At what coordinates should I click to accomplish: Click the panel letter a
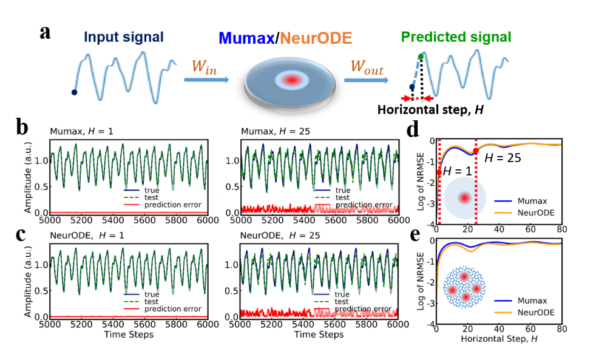point(45,32)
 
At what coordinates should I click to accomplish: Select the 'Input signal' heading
point(124,37)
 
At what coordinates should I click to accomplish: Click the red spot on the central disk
point(291,80)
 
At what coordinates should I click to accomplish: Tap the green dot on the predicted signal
point(421,56)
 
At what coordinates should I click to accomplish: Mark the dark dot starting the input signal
point(74,92)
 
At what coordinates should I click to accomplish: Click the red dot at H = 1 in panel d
point(439,173)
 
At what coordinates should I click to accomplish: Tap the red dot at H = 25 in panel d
point(475,151)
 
